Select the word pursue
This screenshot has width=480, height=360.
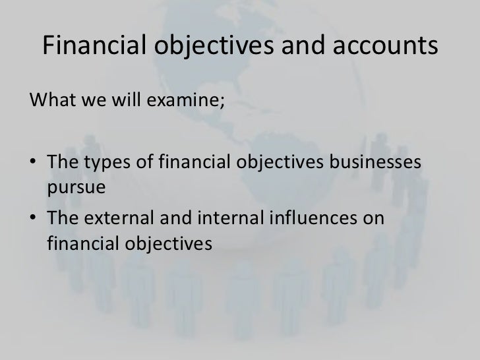tap(76, 187)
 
